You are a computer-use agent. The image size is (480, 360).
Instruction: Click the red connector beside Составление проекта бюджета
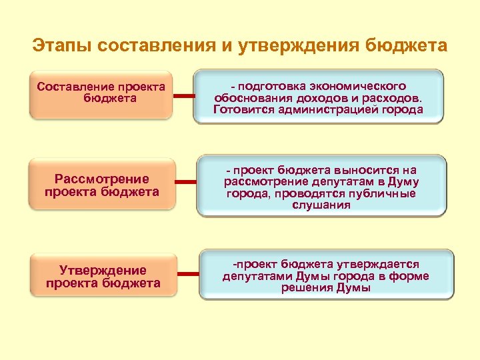pyautogui.click(x=183, y=97)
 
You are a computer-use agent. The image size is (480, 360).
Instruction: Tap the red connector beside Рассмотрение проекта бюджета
pyautogui.click(x=186, y=181)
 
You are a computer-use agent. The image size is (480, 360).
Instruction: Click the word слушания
pyautogui.click(x=322, y=205)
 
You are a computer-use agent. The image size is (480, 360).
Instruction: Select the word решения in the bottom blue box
pyautogui.click(x=305, y=287)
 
